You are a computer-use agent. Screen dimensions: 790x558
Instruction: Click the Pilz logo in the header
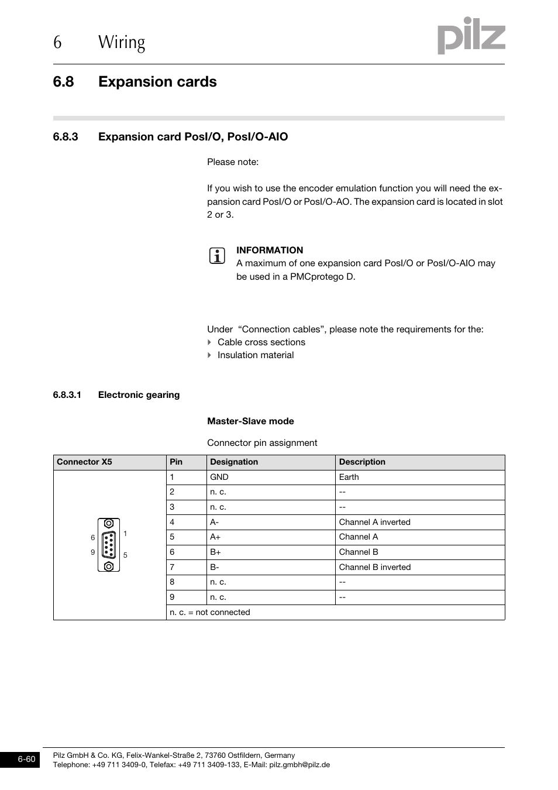coord(471,36)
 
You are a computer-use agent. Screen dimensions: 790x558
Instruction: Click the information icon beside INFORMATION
coord(217,256)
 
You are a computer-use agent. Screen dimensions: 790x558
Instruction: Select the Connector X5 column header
coord(84,462)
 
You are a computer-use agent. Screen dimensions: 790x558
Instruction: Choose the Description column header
coord(362,462)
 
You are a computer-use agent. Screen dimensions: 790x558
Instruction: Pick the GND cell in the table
coord(219,477)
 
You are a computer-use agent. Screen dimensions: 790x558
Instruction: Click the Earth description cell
coord(349,477)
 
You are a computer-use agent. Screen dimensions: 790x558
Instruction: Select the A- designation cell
coord(215,522)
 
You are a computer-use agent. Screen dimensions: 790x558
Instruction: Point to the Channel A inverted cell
coord(375,522)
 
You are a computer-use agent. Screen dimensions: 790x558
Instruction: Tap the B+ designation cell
coord(216,552)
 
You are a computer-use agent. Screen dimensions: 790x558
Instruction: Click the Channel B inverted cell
coord(375,567)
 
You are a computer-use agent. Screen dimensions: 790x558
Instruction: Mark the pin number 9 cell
coord(172,597)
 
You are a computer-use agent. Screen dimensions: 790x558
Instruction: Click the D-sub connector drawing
coord(109,545)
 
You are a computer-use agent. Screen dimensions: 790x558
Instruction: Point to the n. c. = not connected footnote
coord(210,612)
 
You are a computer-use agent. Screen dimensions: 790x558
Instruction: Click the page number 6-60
coord(27,760)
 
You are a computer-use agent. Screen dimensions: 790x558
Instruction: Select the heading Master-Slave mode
coord(250,421)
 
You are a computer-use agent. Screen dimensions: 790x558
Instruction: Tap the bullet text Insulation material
coord(256,355)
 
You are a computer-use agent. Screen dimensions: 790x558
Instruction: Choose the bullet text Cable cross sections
coord(261,342)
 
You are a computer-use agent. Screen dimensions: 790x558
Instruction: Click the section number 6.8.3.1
coord(67,395)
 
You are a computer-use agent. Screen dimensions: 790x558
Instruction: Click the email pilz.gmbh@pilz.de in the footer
coord(299,765)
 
